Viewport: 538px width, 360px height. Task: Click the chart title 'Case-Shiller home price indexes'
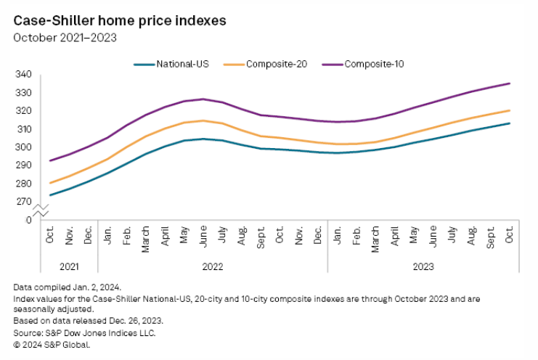coord(120,21)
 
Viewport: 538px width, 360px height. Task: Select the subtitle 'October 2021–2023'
coord(65,38)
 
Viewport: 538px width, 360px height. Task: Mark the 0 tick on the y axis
coord(30,219)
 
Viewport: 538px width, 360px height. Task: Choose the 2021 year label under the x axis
coord(69,266)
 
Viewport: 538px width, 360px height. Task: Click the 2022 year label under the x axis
coord(212,266)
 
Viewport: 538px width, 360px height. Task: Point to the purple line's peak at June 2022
coord(203,99)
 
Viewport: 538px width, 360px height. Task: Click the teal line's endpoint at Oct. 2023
coord(510,123)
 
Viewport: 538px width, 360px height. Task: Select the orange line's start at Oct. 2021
coord(50,183)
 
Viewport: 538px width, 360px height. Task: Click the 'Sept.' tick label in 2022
coord(261,237)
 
